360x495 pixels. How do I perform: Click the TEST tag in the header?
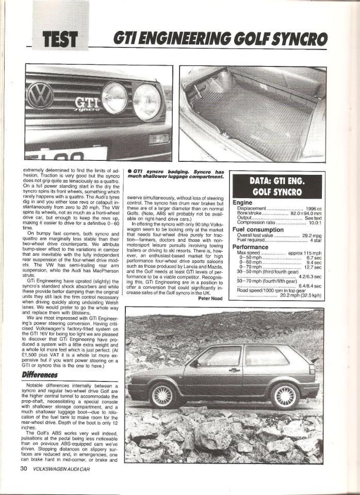tap(61, 39)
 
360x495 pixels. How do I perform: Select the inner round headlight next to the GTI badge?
tap(114, 98)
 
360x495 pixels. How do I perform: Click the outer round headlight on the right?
tap(146, 102)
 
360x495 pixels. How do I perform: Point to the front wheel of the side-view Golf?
tap(162, 395)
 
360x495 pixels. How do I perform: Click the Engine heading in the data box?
tap(242, 203)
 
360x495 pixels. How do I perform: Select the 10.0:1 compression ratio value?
tap(312, 223)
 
